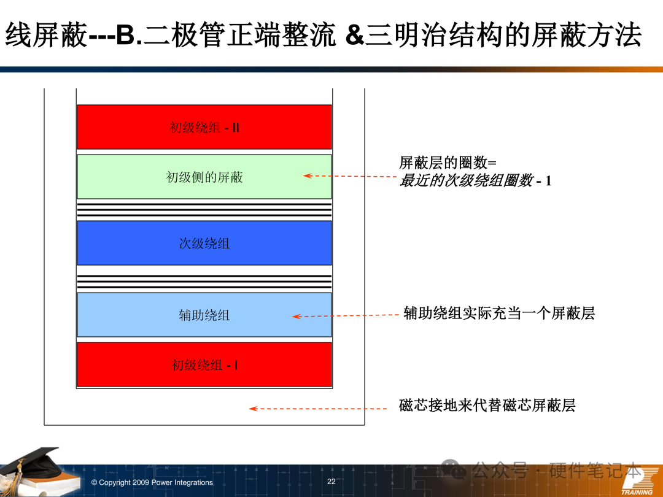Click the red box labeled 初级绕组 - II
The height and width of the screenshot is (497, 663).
pyautogui.click(x=204, y=127)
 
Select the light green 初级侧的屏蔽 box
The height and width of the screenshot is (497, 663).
pyautogui.click(x=204, y=177)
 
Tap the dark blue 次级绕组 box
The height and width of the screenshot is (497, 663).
pyautogui.click(x=204, y=243)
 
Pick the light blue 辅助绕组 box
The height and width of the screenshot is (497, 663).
pyautogui.click(x=204, y=315)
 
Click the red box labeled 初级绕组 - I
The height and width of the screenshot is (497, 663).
pyautogui.click(x=204, y=364)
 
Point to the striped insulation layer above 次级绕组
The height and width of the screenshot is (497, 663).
pyautogui.click(x=204, y=210)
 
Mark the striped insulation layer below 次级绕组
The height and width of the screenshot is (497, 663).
pyautogui.click(x=204, y=282)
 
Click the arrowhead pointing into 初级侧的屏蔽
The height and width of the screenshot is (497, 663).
pyautogui.click(x=308, y=176)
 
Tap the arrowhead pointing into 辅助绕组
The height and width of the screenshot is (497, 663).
pyautogui.click(x=297, y=316)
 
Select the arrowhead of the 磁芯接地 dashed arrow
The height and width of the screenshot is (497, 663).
pyautogui.click(x=254, y=408)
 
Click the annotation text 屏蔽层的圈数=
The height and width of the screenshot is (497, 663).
pyautogui.click(x=448, y=162)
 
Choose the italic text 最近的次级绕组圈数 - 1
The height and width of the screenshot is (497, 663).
pyautogui.click(x=475, y=180)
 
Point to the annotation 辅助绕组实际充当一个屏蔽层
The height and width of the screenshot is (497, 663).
pyautogui.click(x=499, y=313)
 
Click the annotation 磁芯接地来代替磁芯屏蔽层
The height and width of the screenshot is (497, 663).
pyautogui.click(x=487, y=406)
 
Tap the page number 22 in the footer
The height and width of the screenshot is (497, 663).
pyautogui.click(x=331, y=482)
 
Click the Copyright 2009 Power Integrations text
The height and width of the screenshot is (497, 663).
pyautogui.click(x=152, y=482)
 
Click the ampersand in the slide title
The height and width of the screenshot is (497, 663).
pyautogui.click(x=354, y=35)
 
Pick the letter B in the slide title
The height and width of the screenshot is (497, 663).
pyautogui.click(x=125, y=35)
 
